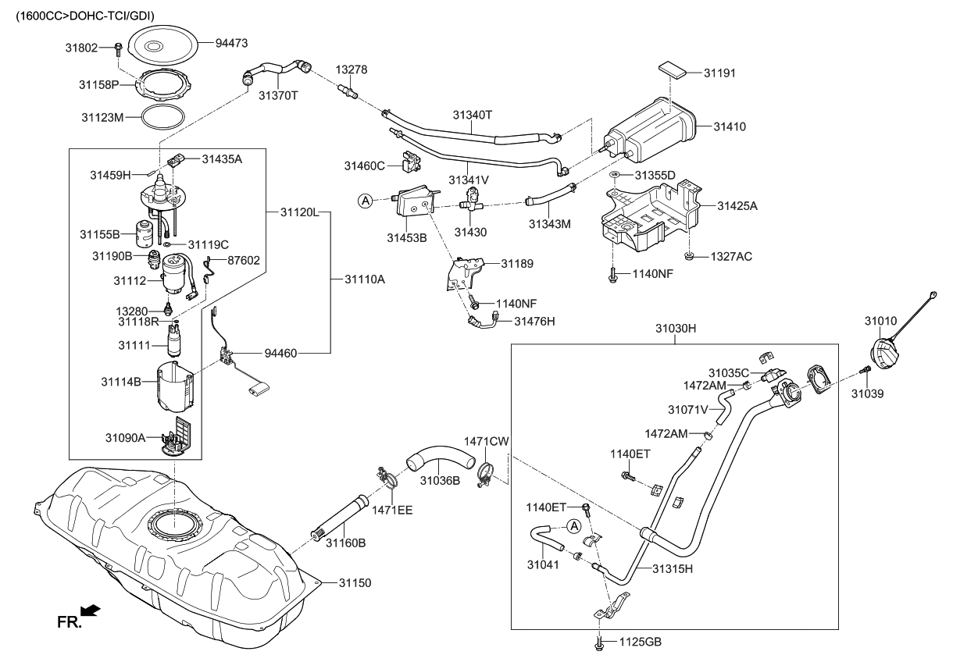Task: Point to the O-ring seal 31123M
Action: (163, 118)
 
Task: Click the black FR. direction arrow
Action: (90, 609)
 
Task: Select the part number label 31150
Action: (355, 582)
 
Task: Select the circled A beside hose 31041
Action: (573, 526)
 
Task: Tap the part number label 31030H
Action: (675, 329)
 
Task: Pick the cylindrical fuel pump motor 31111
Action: (173, 342)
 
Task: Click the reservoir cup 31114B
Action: (174, 386)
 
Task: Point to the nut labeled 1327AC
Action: (690, 257)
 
